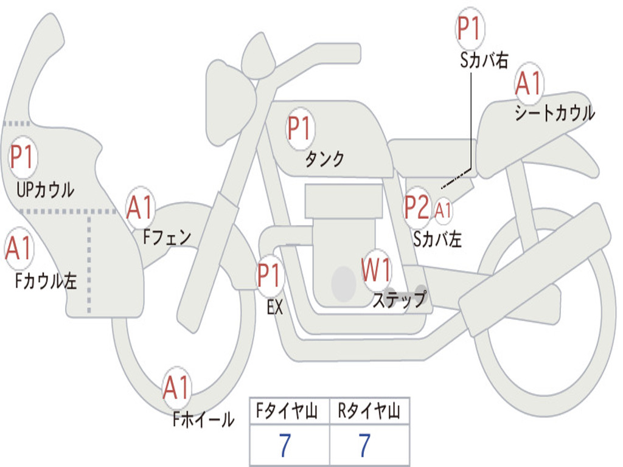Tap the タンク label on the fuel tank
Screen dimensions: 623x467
pos(324,159)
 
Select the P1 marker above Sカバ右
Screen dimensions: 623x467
pos(470,28)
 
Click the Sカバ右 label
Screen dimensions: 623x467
pos(484,60)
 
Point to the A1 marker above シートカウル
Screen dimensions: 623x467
pos(529,83)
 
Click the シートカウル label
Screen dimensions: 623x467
pos(555,112)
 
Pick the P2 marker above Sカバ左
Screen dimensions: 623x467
pos(417,207)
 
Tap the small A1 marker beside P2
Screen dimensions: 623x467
pos(443,210)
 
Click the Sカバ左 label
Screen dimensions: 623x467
pos(437,239)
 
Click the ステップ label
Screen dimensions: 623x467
pos(399,299)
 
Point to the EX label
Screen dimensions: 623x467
pos(275,307)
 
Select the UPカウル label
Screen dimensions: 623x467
pos(45,190)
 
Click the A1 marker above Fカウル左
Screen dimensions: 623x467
pos(19,248)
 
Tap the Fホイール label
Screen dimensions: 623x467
pos(203,420)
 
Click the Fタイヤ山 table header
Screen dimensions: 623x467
pos(287,410)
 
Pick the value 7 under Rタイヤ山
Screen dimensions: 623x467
pos(365,445)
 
